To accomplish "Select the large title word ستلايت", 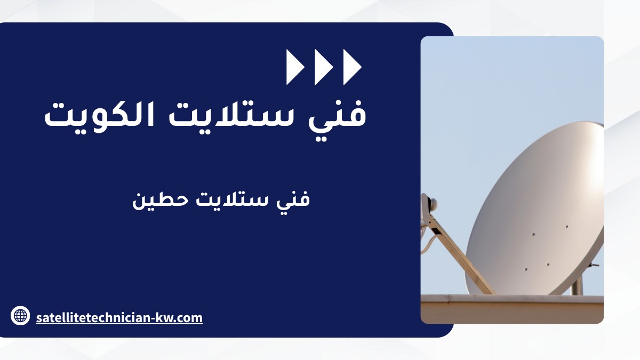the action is pyautogui.click(x=231, y=114).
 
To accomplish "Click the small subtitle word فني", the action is pyautogui.click(x=293, y=200).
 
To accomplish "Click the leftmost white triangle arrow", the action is pyautogui.click(x=295, y=67).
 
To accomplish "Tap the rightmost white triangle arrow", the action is pyautogui.click(x=353, y=67).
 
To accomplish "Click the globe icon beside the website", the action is pyautogui.click(x=20, y=316).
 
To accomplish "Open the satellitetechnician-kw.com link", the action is pyautogui.click(x=119, y=318).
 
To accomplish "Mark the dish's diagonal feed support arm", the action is pyautogui.click(x=460, y=254).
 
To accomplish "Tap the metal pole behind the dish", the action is pyautogui.click(x=577, y=286).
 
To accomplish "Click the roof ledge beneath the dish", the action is pyautogui.click(x=512, y=309).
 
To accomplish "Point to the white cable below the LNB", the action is pyautogui.click(x=427, y=243).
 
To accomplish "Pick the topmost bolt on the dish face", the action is pyautogui.click(x=566, y=227).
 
